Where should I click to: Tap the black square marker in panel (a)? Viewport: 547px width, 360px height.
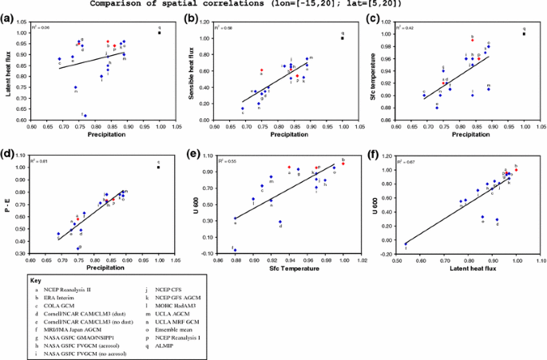click(160, 33)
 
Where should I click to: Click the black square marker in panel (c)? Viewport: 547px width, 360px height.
click(525, 34)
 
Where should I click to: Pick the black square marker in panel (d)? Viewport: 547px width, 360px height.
click(159, 168)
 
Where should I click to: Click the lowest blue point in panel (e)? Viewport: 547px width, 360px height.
click(235, 250)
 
